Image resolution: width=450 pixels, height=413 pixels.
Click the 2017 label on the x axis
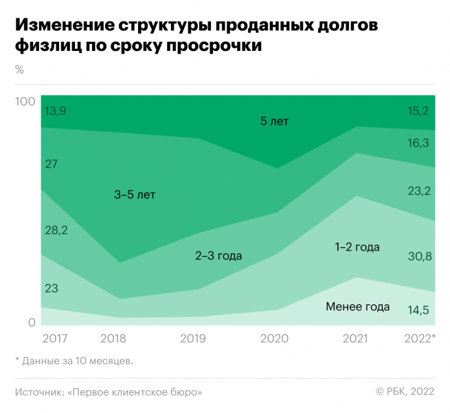[54, 339]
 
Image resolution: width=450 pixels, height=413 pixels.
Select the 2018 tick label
[113, 339]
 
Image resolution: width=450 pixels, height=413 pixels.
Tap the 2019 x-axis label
[193, 339]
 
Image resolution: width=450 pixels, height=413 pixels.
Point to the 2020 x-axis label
[274, 339]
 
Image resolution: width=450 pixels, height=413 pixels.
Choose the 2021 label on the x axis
[354, 339]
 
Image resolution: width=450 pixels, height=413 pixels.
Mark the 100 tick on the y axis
[25, 102]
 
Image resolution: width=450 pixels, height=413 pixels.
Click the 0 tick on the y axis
[32, 322]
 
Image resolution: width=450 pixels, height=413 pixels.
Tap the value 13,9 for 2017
[56, 110]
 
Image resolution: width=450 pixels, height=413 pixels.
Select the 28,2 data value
[56, 230]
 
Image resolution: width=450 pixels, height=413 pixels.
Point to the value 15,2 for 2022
[418, 110]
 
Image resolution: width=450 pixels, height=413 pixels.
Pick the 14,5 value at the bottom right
[418, 310]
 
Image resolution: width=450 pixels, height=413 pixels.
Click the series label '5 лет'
[274, 121]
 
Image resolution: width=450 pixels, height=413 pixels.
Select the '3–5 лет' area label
[135, 195]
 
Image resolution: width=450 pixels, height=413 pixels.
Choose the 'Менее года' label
[358, 307]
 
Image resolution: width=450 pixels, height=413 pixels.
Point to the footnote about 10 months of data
[74, 360]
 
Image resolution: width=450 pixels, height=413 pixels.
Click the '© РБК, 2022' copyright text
[405, 392]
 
